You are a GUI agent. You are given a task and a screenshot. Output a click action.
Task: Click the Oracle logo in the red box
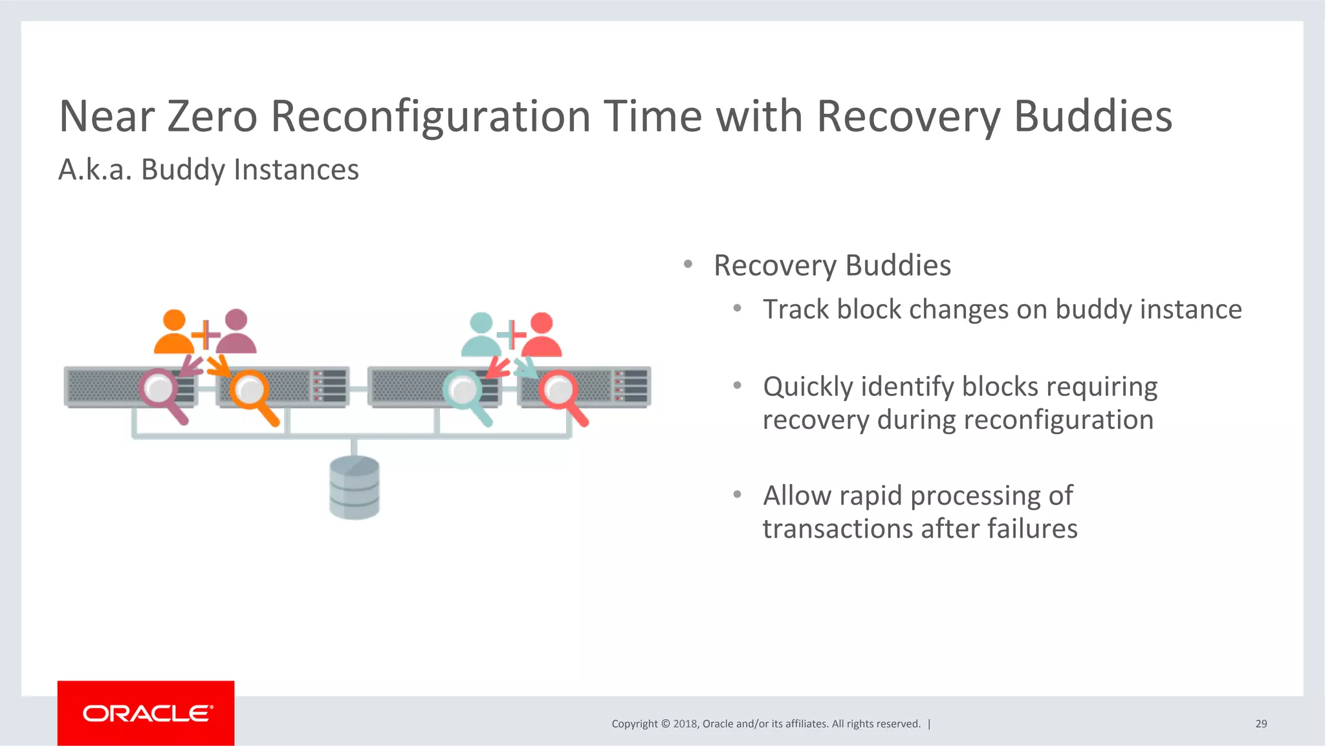pos(147,714)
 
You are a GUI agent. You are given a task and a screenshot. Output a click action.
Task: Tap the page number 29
pos(1261,724)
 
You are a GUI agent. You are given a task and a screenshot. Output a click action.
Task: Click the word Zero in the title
pos(212,116)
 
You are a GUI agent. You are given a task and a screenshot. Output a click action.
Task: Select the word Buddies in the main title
pos(1093,116)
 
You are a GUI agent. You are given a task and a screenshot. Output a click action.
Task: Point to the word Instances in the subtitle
pos(296,170)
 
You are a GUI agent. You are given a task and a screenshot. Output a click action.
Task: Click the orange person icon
pos(174,333)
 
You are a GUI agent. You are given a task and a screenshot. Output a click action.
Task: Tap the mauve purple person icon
pos(236,333)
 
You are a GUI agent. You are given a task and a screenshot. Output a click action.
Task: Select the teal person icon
pos(481,335)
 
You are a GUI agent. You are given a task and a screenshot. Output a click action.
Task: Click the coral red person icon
pos(542,335)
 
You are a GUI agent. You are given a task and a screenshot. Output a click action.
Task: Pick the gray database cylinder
pos(355,487)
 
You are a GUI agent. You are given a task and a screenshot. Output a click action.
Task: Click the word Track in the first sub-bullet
pos(795,309)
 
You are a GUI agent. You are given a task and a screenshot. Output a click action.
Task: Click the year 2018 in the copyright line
pos(684,724)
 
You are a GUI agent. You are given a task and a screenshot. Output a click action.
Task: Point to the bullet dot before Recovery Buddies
pos(688,264)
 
